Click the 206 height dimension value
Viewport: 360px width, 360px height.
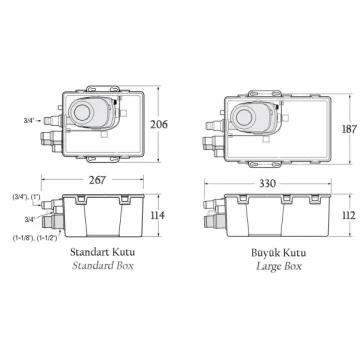[159, 125]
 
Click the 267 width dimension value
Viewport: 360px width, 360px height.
[97, 180]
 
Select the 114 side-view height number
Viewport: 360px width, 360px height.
[158, 215]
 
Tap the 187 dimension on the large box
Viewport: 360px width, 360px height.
[349, 129]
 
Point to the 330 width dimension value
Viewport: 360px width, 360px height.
[267, 183]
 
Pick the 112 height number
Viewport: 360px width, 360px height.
[349, 215]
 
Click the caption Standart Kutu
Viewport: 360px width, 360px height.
[103, 252]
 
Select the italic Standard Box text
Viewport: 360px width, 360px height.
[103, 266]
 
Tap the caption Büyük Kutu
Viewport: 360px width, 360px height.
[279, 253]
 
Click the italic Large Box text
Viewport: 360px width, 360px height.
[279, 266]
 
